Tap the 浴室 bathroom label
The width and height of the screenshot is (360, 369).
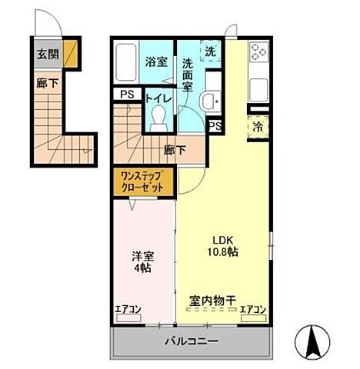click(x=157, y=62)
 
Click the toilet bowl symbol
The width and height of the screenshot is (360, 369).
click(x=160, y=115)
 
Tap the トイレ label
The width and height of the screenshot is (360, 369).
click(x=158, y=98)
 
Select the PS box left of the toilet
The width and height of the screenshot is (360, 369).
click(x=125, y=95)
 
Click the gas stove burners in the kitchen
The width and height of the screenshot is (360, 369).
click(x=258, y=56)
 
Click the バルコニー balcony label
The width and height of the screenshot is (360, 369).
click(x=190, y=341)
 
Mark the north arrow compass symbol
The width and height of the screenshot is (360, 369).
click(x=315, y=341)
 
